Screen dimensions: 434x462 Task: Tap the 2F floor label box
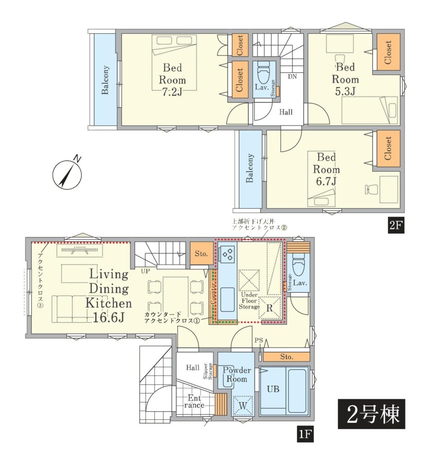[396, 225]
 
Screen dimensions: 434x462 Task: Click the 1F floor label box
[305, 434]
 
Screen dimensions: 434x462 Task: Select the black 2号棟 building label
[372, 414]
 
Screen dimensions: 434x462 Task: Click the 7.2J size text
[172, 92]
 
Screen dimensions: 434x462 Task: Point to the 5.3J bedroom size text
[345, 91]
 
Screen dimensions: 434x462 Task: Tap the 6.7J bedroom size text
[326, 181]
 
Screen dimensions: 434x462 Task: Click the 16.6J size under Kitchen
[109, 317]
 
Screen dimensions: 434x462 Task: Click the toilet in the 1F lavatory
[299, 266]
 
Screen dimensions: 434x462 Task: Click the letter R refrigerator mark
[269, 308]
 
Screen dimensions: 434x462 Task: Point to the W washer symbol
[243, 406]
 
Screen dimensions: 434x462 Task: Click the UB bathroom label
[273, 389]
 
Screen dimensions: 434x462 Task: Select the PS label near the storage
[259, 340]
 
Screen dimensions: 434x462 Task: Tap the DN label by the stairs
[292, 77]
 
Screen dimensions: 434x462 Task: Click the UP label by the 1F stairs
[145, 271]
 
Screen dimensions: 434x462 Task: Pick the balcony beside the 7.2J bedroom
[105, 79]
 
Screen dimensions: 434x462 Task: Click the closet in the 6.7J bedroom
[388, 148]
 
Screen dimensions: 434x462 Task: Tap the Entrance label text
[194, 401]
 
